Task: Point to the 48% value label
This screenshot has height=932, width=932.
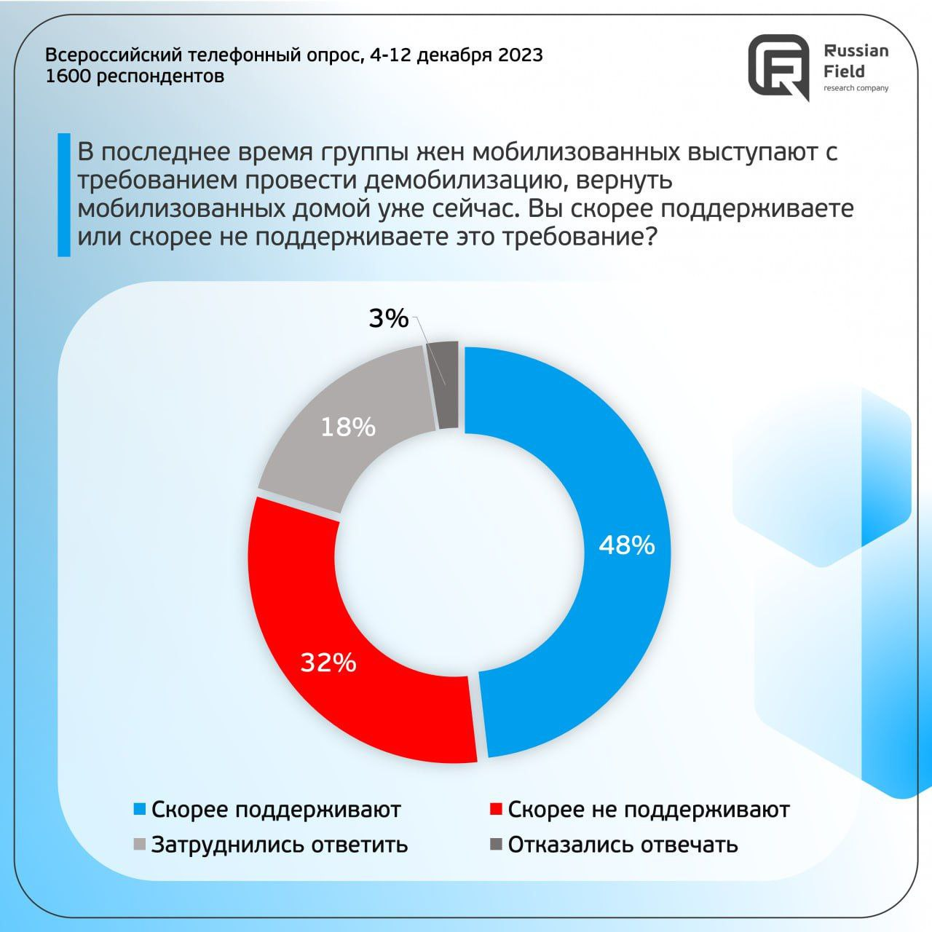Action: (x=626, y=545)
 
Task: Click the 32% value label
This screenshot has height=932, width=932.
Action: (x=328, y=663)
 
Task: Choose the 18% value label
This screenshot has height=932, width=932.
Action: (x=348, y=427)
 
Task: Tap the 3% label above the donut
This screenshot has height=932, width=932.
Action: (x=388, y=318)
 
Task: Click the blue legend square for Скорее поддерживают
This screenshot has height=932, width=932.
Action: (x=139, y=810)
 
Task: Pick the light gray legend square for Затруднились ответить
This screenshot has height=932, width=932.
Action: (x=139, y=845)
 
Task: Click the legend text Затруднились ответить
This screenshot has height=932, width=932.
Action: (x=280, y=845)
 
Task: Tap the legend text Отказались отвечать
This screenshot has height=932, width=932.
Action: (x=623, y=845)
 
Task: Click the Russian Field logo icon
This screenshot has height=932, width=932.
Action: (x=779, y=66)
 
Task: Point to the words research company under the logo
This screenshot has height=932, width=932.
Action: (x=856, y=89)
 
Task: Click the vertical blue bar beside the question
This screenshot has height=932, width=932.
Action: (x=64, y=194)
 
